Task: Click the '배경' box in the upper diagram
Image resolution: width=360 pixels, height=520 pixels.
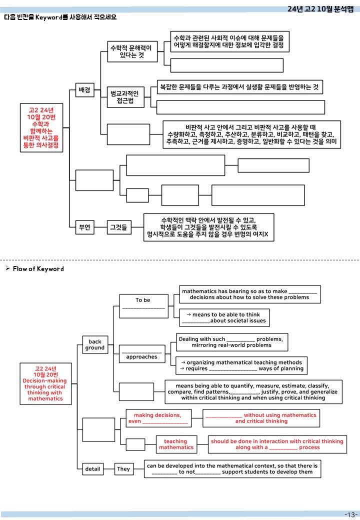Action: (x=84, y=90)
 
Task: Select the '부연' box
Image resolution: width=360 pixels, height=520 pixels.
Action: (x=84, y=227)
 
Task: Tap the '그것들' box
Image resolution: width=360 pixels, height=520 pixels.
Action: (x=118, y=227)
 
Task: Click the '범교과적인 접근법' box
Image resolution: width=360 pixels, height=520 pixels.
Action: (x=125, y=97)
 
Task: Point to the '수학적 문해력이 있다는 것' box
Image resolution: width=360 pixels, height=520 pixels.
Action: (x=132, y=51)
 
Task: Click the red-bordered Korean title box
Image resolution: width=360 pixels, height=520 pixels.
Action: (x=41, y=127)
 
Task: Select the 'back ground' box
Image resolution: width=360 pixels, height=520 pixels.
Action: (x=95, y=345)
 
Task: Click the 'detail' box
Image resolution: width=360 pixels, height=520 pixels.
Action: (x=93, y=469)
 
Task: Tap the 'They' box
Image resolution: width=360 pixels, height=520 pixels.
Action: (x=123, y=469)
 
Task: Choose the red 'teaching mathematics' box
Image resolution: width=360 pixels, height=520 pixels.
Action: (x=176, y=444)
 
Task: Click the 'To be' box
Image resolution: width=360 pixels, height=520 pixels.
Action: (x=144, y=306)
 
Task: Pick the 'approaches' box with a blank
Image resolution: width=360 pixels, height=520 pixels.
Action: (x=142, y=354)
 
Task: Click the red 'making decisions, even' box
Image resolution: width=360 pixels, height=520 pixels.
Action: (x=158, y=418)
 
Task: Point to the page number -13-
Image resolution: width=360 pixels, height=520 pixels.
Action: (x=351, y=514)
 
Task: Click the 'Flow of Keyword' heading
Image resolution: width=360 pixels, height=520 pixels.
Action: (x=38, y=269)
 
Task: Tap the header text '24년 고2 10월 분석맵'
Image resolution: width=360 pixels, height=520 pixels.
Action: (x=320, y=9)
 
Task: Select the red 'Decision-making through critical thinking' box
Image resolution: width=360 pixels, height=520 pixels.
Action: (x=45, y=383)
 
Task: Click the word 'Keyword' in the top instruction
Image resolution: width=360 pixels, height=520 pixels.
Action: (x=49, y=17)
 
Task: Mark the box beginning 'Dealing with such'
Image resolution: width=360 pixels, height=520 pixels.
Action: (x=232, y=342)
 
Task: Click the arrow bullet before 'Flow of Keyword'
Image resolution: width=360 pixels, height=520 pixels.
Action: (x=7, y=268)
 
